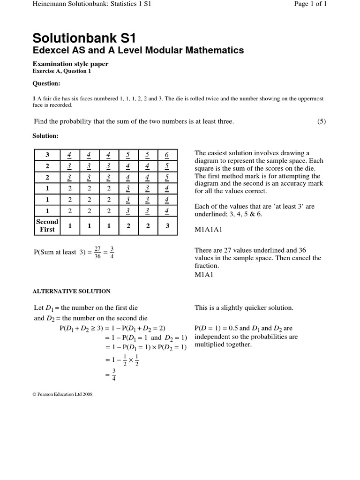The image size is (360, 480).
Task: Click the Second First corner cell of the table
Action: (x=47, y=225)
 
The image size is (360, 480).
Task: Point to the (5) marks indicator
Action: (x=321, y=121)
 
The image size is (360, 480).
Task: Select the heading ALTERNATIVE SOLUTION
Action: (x=71, y=291)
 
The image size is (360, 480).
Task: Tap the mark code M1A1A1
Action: (x=209, y=230)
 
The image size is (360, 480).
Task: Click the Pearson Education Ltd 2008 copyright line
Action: (x=62, y=394)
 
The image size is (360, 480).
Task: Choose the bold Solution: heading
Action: (x=45, y=135)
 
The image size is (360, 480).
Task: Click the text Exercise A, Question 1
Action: (x=61, y=71)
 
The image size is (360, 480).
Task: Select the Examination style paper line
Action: (x=70, y=64)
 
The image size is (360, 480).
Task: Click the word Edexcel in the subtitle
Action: (x=51, y=50)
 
